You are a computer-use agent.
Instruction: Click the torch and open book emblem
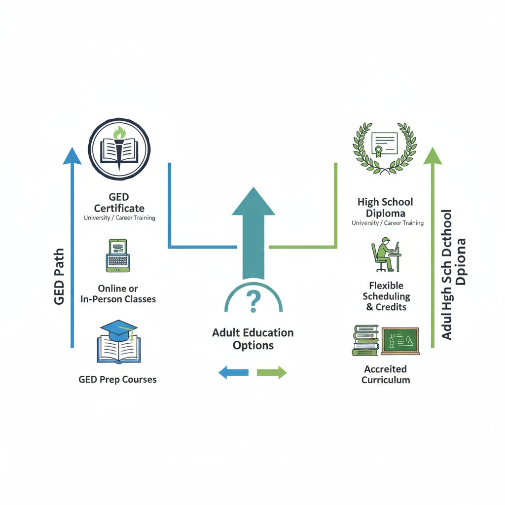pyautogui.click(x=119, y=148)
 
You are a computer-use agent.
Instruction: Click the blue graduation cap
pyautogui.click(x=118, y=329)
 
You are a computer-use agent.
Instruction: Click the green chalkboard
pyautogui.click(x=400, y=340)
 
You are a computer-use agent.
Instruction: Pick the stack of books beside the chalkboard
pyautogui.click(x=365, y=340)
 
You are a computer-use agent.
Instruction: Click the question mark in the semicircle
pyautogui.click(x=253, y=301)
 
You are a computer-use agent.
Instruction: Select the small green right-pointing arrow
pyautogui.click(x=272, y=372)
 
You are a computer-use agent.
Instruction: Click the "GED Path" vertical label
pyautogui.click(x=59, y=276)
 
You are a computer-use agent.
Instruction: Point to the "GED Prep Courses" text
pyautogui.click(x=117, y=380)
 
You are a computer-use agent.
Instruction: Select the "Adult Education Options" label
pyautogui.click(x=253, y=339)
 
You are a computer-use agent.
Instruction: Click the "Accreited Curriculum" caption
pyautogui.click(x=386, y=374)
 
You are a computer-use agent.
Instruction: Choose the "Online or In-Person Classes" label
pyautogui.click(x=118, y=293)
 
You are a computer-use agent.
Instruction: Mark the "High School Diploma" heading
pyautogui.click(x=385, y=207)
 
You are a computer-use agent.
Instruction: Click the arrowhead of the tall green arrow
pyautogui.click(x=433, y=156)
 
